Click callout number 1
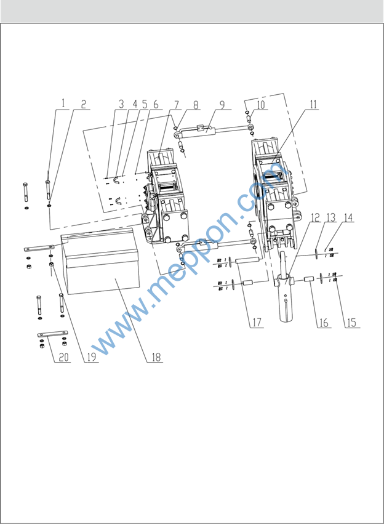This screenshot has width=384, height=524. coord(63,103)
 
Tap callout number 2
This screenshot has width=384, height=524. coord(84,104)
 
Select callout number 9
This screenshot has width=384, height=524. coord(222,104)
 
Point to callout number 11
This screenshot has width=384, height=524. coord(313,105)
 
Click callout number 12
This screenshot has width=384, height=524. coord(315,217)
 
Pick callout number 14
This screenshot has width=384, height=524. coord(348,217)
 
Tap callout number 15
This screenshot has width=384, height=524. coord(351,323)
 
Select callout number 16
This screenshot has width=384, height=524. coord(324,323)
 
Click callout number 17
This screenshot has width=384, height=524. coord(257,323)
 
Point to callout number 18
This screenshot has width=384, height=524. coord(156,357)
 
